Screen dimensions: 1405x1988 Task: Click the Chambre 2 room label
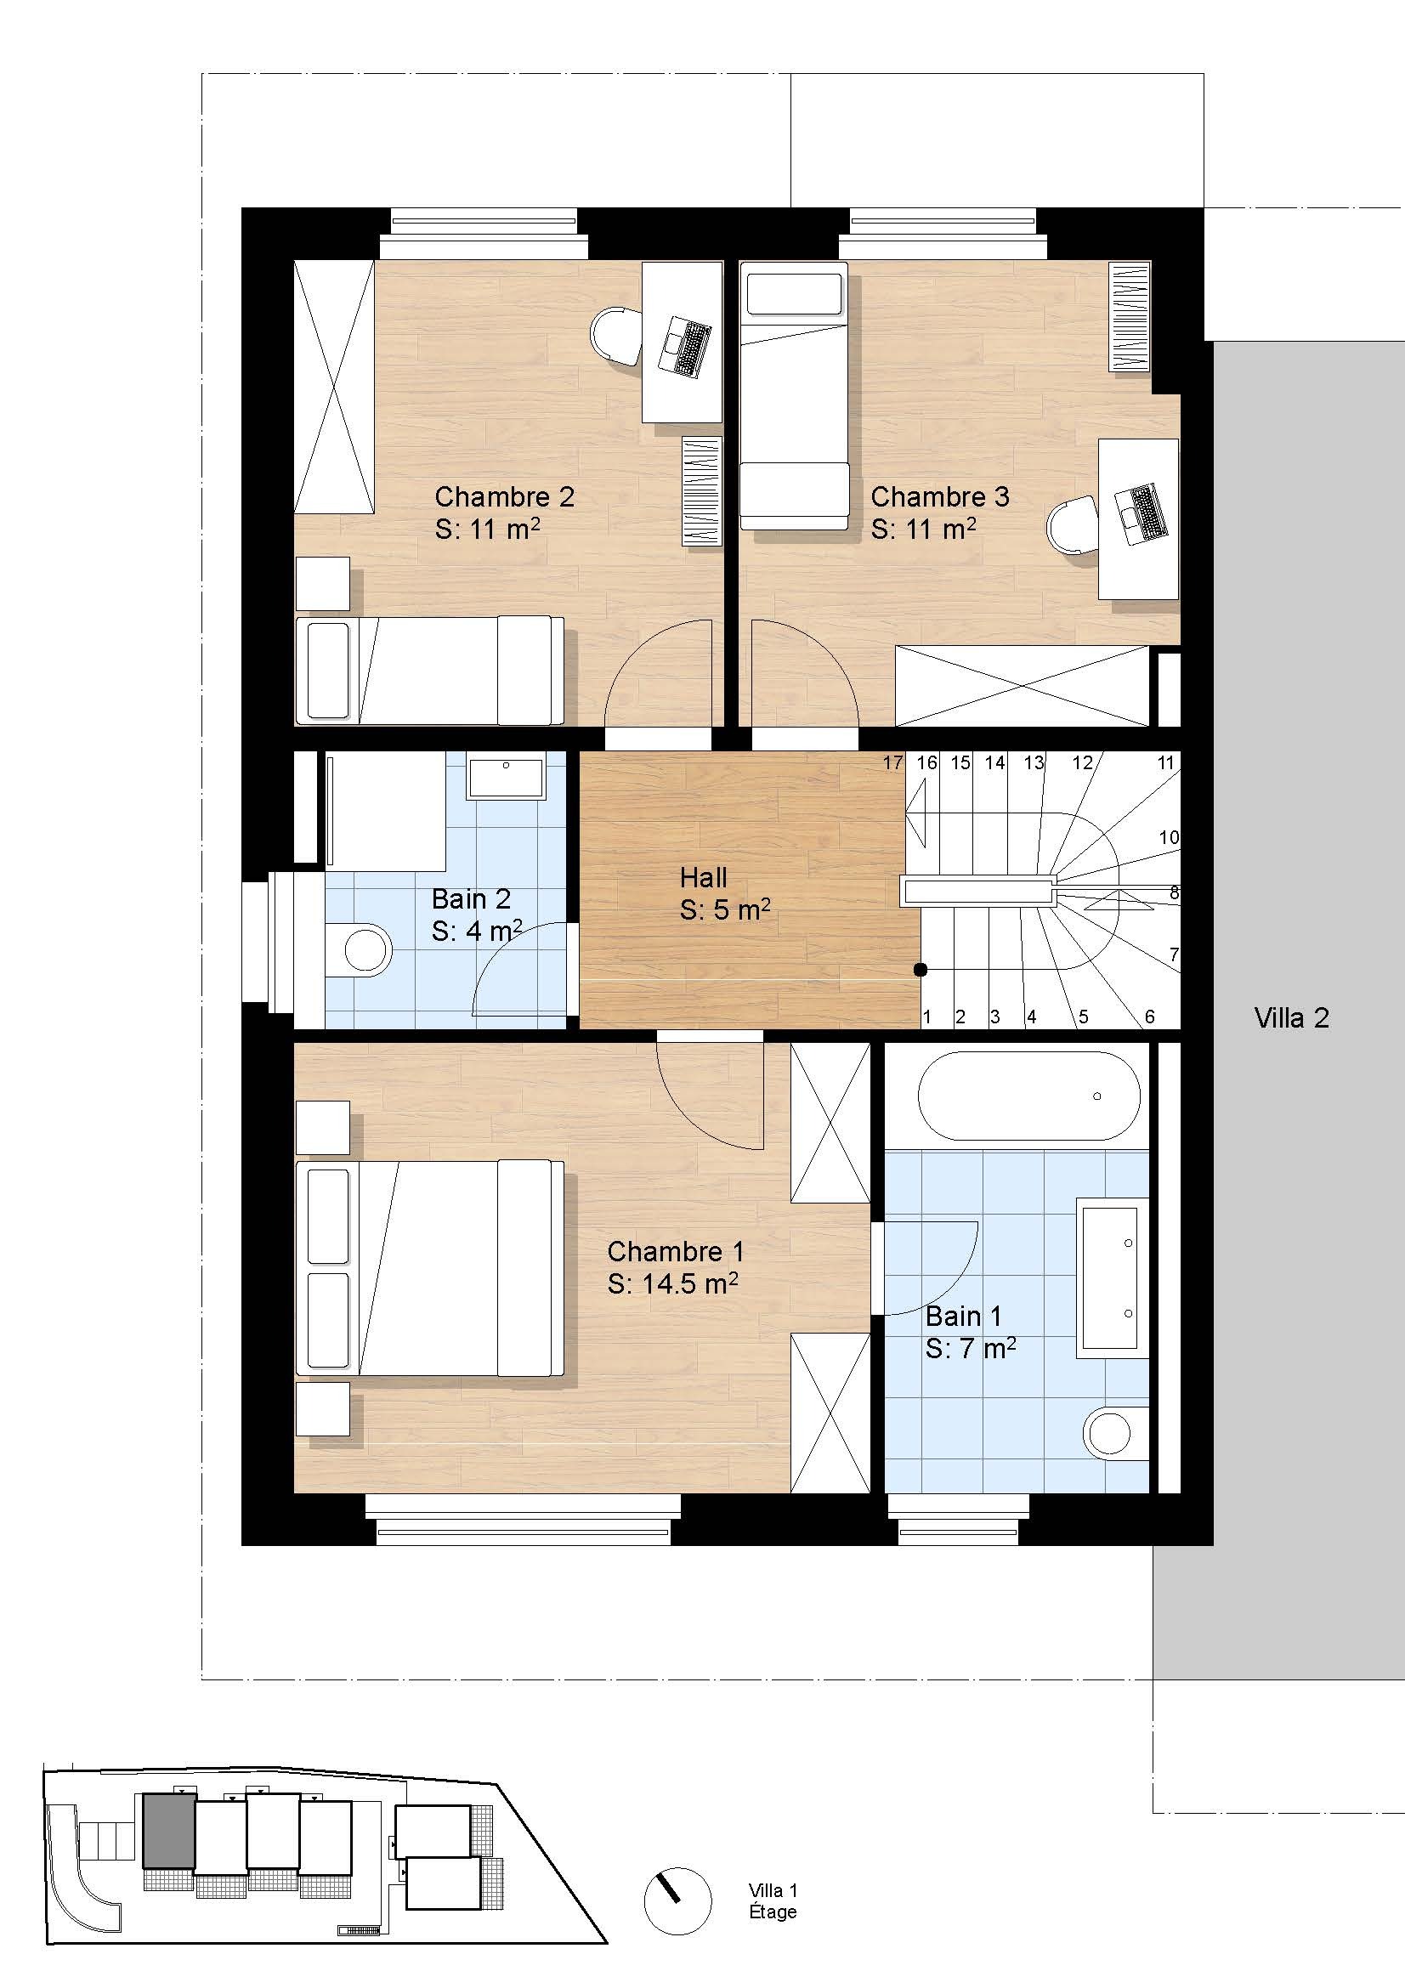click(504, 497)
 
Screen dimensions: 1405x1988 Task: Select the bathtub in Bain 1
click(1029, 1096)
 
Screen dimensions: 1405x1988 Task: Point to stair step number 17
click(892, 762)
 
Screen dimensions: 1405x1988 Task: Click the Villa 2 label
click(1292, 1017)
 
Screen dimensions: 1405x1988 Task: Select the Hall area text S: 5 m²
click(725, 910)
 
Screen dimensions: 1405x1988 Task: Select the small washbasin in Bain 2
click(507, 777)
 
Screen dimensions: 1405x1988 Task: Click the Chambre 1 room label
click(675, 1251)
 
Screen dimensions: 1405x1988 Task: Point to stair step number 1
click(927, 1017)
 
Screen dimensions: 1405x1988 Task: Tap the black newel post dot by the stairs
click(921, 970)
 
